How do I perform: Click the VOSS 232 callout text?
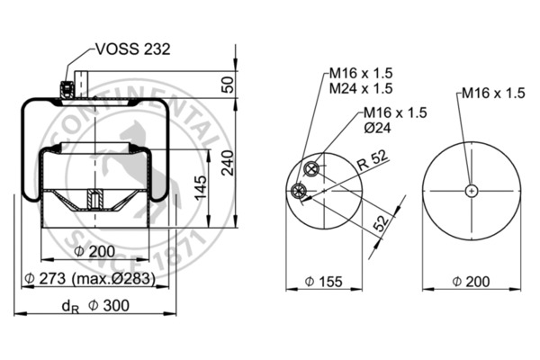pos(133,49)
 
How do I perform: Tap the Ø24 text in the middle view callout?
pos(376,128)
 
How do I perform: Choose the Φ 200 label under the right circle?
pos(470,282)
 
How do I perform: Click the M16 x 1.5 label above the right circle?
pos(492,93)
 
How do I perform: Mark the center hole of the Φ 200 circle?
pos(471,190)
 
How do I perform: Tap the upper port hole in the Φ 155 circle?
pos(313,169)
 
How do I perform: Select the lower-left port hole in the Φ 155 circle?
pos(299,189)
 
